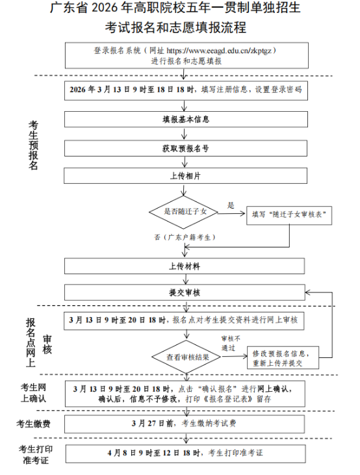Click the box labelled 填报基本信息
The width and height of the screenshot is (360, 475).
click(185, 120)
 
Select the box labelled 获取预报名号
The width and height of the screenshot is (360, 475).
click(185, 148)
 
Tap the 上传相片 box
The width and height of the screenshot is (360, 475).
click(185, 176)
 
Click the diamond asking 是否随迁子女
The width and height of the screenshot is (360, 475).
click(185, 212)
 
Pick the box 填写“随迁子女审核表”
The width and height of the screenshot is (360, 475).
click(289, 214)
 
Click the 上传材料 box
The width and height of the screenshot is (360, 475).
click(185, 266)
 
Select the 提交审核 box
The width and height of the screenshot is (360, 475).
click(185, 293)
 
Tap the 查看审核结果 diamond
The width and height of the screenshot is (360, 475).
click(187, 357)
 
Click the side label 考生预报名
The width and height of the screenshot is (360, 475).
click(34, 145)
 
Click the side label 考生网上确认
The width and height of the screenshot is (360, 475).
click(34, 392)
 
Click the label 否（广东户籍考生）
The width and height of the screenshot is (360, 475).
click(185, 238)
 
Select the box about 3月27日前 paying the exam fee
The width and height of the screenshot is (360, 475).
click(185, 424)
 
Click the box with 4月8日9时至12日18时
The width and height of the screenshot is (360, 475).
click(185, 453)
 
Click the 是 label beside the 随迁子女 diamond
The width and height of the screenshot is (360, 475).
click(230, 205)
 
